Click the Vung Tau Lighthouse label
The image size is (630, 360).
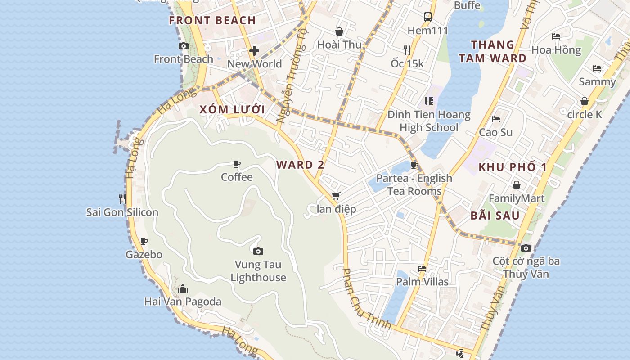coord(258,271)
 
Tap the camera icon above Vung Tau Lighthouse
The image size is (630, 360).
coord(258,251)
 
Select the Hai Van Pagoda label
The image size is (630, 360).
coord(183,301)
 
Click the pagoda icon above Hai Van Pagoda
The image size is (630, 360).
coord(183,288)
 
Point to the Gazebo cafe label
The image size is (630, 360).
coord(144,255)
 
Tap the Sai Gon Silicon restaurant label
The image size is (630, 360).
coord(122,212)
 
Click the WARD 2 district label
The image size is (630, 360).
coord(300,165)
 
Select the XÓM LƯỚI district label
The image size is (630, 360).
coord(232,110)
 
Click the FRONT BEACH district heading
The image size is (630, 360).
coord(212,20)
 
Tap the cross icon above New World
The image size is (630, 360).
coord(254,51)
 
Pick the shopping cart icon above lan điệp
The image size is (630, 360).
coord(336,196)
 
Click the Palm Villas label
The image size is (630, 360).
coord(422,282)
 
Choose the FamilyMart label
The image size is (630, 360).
coord(517,198)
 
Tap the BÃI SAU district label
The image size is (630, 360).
coord(495,216)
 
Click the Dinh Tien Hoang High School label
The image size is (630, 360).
coord(429,121)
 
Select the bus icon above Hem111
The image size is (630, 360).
coord(428,17)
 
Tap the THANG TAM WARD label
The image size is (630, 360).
coord(499,51)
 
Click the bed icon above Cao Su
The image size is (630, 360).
coord(496,119)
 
